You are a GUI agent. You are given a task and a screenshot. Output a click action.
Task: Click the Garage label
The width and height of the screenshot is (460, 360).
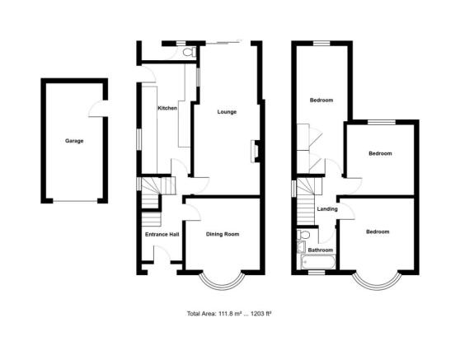[74, 141]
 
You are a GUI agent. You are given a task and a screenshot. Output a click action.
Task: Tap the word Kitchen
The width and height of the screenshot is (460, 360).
[167, 108]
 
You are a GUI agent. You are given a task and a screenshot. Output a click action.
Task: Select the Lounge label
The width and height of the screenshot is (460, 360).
[228, 112]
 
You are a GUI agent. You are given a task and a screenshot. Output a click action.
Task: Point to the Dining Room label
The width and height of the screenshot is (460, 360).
[222, 235]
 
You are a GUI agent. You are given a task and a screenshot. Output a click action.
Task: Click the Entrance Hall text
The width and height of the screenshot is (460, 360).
[162, 235]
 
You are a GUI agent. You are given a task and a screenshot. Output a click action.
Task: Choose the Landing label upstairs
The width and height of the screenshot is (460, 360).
[327, 208]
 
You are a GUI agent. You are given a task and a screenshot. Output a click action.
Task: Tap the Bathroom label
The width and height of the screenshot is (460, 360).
[321, 250]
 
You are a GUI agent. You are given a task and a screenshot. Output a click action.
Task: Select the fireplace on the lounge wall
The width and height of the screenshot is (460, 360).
[256, 149]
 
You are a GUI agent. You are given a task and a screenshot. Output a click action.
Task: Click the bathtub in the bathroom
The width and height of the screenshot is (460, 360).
[317, 264]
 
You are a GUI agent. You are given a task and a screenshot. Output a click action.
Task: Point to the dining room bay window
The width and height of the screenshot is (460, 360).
[222, 280]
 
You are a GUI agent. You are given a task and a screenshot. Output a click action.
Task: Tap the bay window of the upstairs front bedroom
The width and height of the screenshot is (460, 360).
[378, 280]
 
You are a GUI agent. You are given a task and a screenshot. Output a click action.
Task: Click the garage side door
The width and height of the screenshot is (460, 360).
[101, 107]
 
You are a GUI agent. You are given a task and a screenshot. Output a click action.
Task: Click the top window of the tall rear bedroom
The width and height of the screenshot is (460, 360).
[321, 41]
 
